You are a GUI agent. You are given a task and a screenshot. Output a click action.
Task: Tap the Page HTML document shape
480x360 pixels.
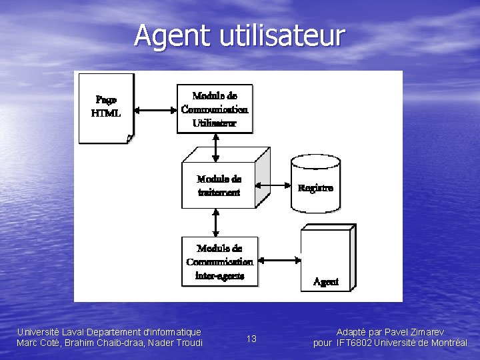[x=105, y=108]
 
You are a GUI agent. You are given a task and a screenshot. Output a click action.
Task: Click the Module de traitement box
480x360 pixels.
[x=219, y=185]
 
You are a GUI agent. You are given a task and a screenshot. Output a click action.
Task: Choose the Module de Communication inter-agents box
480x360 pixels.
[x=219, y=261]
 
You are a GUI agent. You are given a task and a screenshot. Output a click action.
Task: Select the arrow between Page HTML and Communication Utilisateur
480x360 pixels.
[x=155, y=109]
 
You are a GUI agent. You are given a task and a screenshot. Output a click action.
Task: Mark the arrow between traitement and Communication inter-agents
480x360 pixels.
[x=215, y=223]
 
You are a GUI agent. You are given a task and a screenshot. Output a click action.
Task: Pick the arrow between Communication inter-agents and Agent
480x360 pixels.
[x=278, y=260]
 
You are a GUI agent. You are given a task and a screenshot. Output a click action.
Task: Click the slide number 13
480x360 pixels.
[x=251, y=339]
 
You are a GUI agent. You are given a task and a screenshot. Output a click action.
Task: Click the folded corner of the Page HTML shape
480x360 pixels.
[x=129, y=139]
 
